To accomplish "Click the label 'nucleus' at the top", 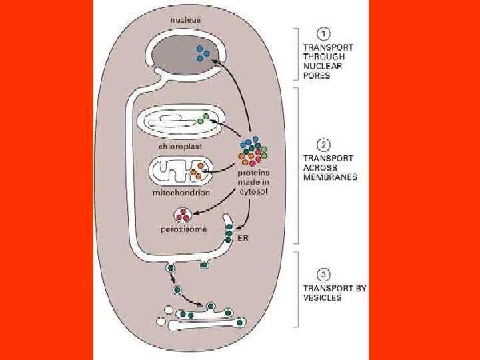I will [185, 20].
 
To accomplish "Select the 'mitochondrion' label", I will [181, 193].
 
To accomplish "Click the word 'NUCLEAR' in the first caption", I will [321, 66].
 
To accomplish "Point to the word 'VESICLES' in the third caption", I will [323, 297].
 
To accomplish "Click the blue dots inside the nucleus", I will [203, 53].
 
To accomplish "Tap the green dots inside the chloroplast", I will [203, 119].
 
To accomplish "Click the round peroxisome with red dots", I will [182, 215].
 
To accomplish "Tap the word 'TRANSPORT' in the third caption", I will [329, 288].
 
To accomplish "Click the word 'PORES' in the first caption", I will [317, 75].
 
